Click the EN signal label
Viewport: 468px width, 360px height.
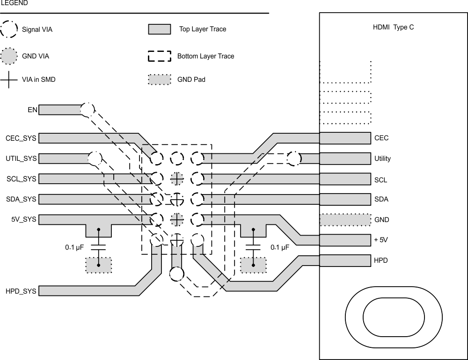click(31, 110)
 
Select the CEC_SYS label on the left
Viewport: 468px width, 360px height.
click(21, 138)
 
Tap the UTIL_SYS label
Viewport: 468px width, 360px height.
click(21, 159)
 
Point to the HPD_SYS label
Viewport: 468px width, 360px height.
click(21, 291)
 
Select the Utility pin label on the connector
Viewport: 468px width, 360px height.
click(382, 158)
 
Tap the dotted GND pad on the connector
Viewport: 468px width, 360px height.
click(345, 219)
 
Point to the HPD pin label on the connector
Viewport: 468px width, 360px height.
click(381, 260)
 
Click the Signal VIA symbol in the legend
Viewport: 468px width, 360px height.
click(9, 29)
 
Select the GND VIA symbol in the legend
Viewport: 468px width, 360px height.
click(9, 56)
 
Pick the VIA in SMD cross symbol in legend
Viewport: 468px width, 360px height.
click(9, 79)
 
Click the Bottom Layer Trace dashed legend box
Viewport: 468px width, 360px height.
click(159, 56)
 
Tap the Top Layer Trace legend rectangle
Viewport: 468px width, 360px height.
click(159, 29)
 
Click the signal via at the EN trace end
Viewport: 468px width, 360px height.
click(87, 110)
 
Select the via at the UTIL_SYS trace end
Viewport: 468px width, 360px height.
click(95, 158)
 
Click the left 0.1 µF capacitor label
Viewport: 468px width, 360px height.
click(74, 247)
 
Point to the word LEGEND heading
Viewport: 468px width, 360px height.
click(14, 3)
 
